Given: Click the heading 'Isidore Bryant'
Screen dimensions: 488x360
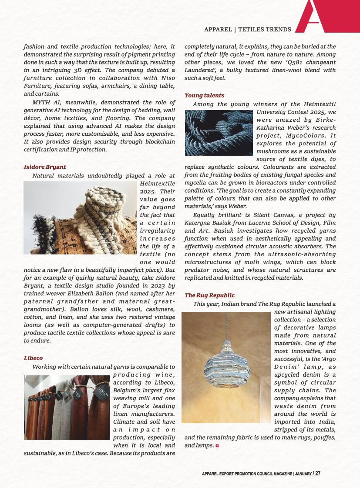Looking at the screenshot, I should pos(45,167).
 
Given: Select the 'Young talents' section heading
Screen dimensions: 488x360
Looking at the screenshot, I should pos(205,95).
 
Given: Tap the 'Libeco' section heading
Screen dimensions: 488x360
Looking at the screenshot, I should pos(33,358).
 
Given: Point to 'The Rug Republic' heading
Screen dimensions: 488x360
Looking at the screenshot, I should pos(209,295).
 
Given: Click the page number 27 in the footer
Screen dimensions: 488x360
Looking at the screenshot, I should pos(318,473).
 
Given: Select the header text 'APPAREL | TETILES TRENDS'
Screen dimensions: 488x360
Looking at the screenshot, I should pos(247,30).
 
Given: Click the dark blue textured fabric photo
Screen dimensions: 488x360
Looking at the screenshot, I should pos(219,133).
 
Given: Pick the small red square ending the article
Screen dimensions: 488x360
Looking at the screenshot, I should pos(217,446).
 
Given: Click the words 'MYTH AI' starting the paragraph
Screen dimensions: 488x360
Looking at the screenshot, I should pos(45,103).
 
